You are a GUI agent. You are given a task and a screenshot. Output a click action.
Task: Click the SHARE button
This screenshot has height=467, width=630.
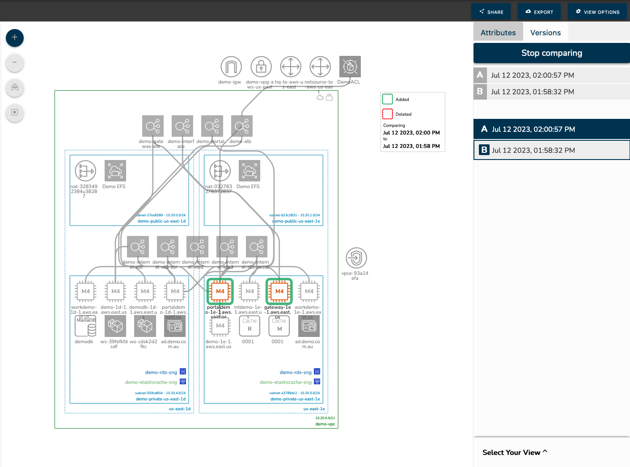[491, 12]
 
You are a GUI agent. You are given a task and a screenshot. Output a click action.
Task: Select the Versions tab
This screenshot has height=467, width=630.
[545, 33]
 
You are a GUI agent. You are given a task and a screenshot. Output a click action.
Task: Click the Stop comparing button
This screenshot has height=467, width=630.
[551, 53]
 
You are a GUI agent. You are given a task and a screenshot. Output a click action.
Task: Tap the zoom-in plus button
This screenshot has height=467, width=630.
[15, 38]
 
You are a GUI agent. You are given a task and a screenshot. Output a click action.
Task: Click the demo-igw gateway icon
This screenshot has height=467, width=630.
[231, 67]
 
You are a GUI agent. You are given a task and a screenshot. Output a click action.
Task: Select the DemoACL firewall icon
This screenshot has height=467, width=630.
[350, 67]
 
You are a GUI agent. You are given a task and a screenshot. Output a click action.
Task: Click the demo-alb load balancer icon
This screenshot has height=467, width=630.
[241, 126]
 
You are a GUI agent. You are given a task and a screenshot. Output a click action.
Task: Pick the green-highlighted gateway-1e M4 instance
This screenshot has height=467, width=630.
[279, 291]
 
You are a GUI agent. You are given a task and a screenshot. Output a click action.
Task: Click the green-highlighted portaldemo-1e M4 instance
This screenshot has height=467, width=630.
[220, 291]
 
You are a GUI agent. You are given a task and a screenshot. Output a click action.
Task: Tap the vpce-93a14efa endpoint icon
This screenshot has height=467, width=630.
[356, 258]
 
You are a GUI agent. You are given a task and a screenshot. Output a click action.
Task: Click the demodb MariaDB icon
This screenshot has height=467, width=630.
[85, 326]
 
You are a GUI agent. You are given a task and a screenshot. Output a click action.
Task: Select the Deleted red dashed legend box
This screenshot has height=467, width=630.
[387, 114]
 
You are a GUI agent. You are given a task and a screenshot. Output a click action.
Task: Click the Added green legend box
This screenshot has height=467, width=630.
[387, 99]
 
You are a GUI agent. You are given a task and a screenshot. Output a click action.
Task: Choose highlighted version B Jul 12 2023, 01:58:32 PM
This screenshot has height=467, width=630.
[551, 150]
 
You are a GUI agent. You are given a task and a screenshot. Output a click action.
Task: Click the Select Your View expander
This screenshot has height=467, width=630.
[515, 452]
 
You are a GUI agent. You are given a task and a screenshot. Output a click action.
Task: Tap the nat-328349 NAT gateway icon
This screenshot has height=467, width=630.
[85, 171]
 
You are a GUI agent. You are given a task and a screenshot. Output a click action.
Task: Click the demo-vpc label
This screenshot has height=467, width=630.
[325, 424]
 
